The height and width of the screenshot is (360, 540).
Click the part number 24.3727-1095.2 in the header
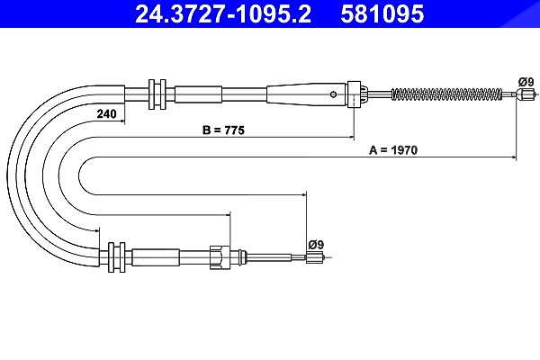[x=223, y=13]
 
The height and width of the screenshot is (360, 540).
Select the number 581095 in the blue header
[x=382, y=13]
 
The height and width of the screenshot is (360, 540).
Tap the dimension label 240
[x=107, y=113]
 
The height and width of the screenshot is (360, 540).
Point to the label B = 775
[x=223, y=130]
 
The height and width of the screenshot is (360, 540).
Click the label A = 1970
[x=393, y=150]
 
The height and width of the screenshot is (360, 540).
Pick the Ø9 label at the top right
[x=526, y=82]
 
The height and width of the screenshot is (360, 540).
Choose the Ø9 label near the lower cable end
[x=316, y=245]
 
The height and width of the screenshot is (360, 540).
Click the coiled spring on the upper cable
[x=446, y=94]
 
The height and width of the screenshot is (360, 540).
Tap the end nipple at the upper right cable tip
[x=524, y=94]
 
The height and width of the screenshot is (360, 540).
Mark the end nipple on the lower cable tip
[x=315, y=257]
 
